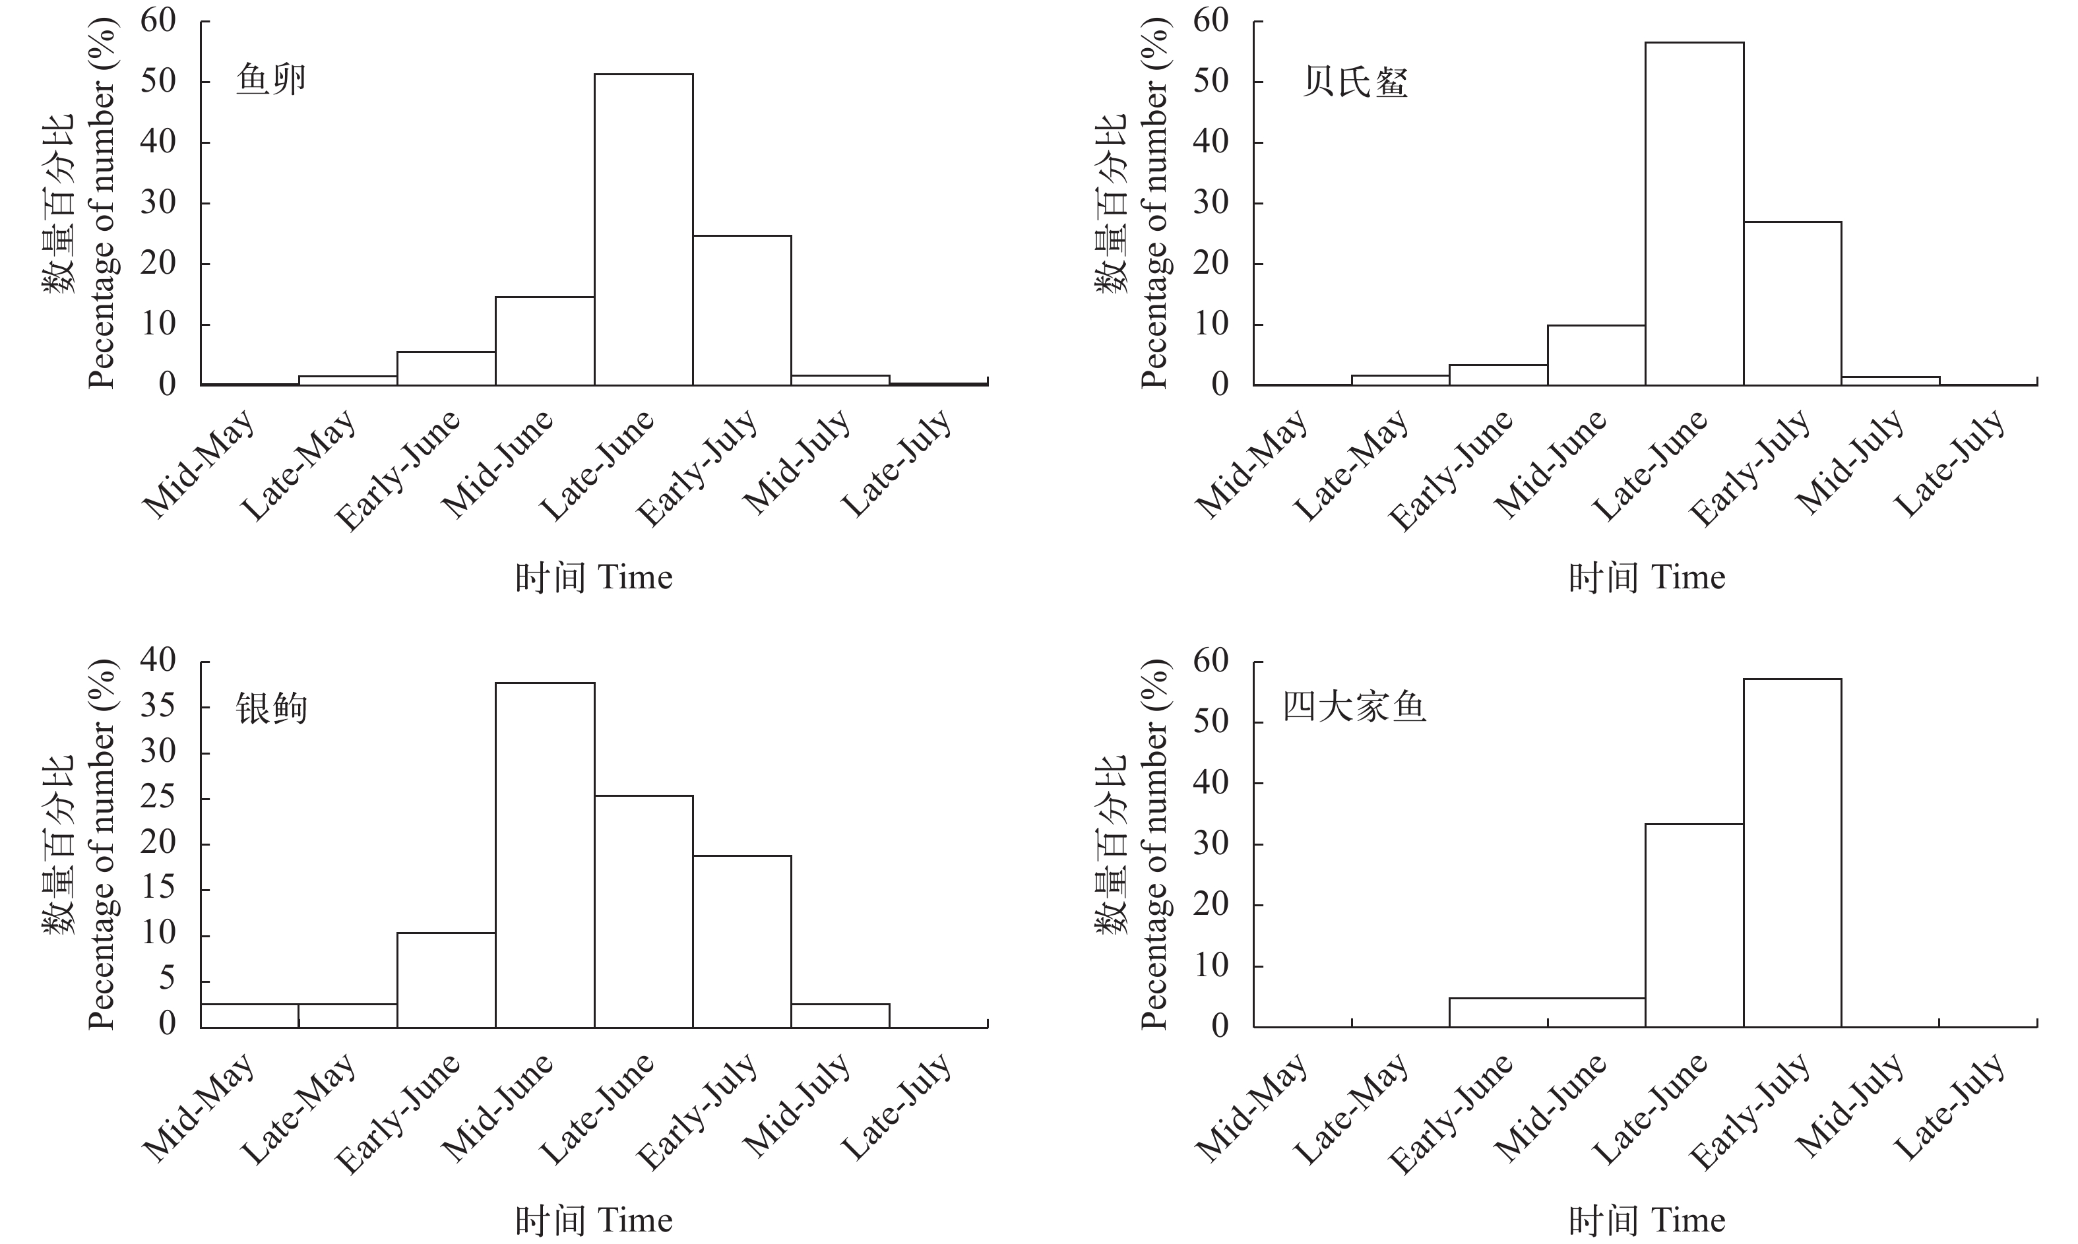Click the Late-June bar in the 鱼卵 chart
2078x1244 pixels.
[643, 230]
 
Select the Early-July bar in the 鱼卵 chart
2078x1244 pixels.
[742, 310]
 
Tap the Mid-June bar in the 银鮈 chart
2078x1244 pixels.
[545, 855]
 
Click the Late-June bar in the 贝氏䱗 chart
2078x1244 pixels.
[1694, 214]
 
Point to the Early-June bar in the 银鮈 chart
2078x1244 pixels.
[446, 980]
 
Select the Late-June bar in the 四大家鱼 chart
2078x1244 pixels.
[1694, 925]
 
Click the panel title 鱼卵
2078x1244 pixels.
[270, 80]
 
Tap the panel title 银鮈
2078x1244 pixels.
[270, 709]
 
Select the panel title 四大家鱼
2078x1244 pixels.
[1354, 708]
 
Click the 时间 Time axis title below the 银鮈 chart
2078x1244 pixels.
[594, 1220]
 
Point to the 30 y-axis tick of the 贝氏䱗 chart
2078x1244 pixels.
[1211, 203]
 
